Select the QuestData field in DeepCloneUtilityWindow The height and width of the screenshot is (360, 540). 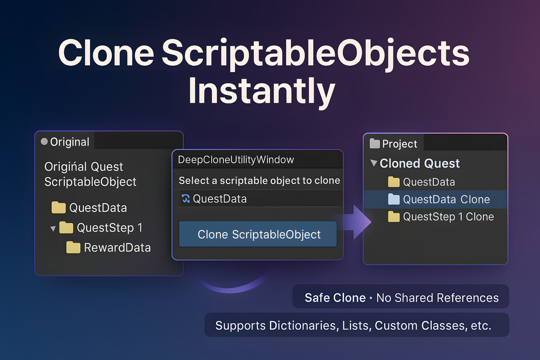[x=220, y=198]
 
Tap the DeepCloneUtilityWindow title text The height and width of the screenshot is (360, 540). [x=236, y=160]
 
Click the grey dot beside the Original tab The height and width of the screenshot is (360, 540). [x=44, y=142]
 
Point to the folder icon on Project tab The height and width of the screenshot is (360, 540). [x=374, y=144]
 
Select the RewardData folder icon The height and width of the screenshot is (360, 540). [x=73, y=247]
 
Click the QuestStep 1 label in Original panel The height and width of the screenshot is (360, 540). [x=109, y=228]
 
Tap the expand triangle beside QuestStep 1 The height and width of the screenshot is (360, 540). [x=53, y=229]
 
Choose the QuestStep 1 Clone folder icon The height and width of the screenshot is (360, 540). [x=394, y=217]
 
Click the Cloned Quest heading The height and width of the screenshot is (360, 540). [x=419, y=163]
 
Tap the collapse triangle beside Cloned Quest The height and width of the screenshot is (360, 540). [x=373, y=163]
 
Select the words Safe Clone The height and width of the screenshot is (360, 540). [x=335, y=298]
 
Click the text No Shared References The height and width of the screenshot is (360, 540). [x=437, y=298]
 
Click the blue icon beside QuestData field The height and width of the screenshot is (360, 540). [x=185, y=198]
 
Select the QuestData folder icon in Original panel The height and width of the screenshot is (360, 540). [x=58, y=207]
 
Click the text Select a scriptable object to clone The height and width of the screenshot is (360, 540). [x=259, y=180]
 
